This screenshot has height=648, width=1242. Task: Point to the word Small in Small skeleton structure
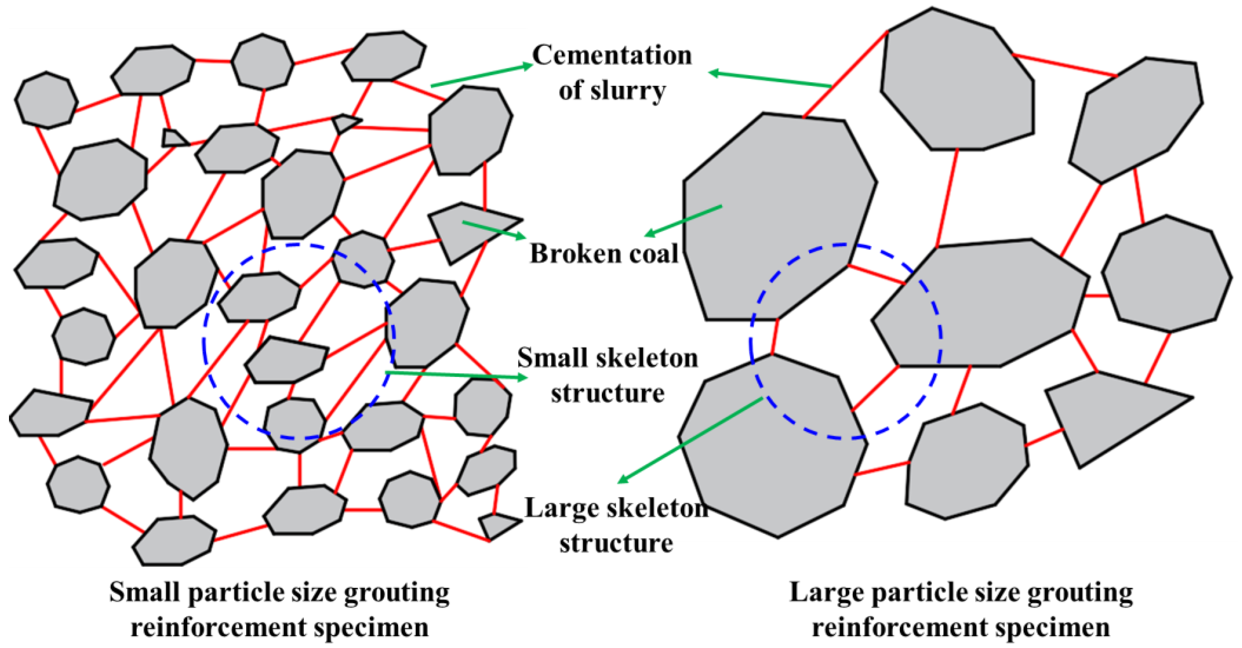pos(545,359)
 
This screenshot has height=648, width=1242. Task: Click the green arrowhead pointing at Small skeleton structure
pos(522,377)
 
